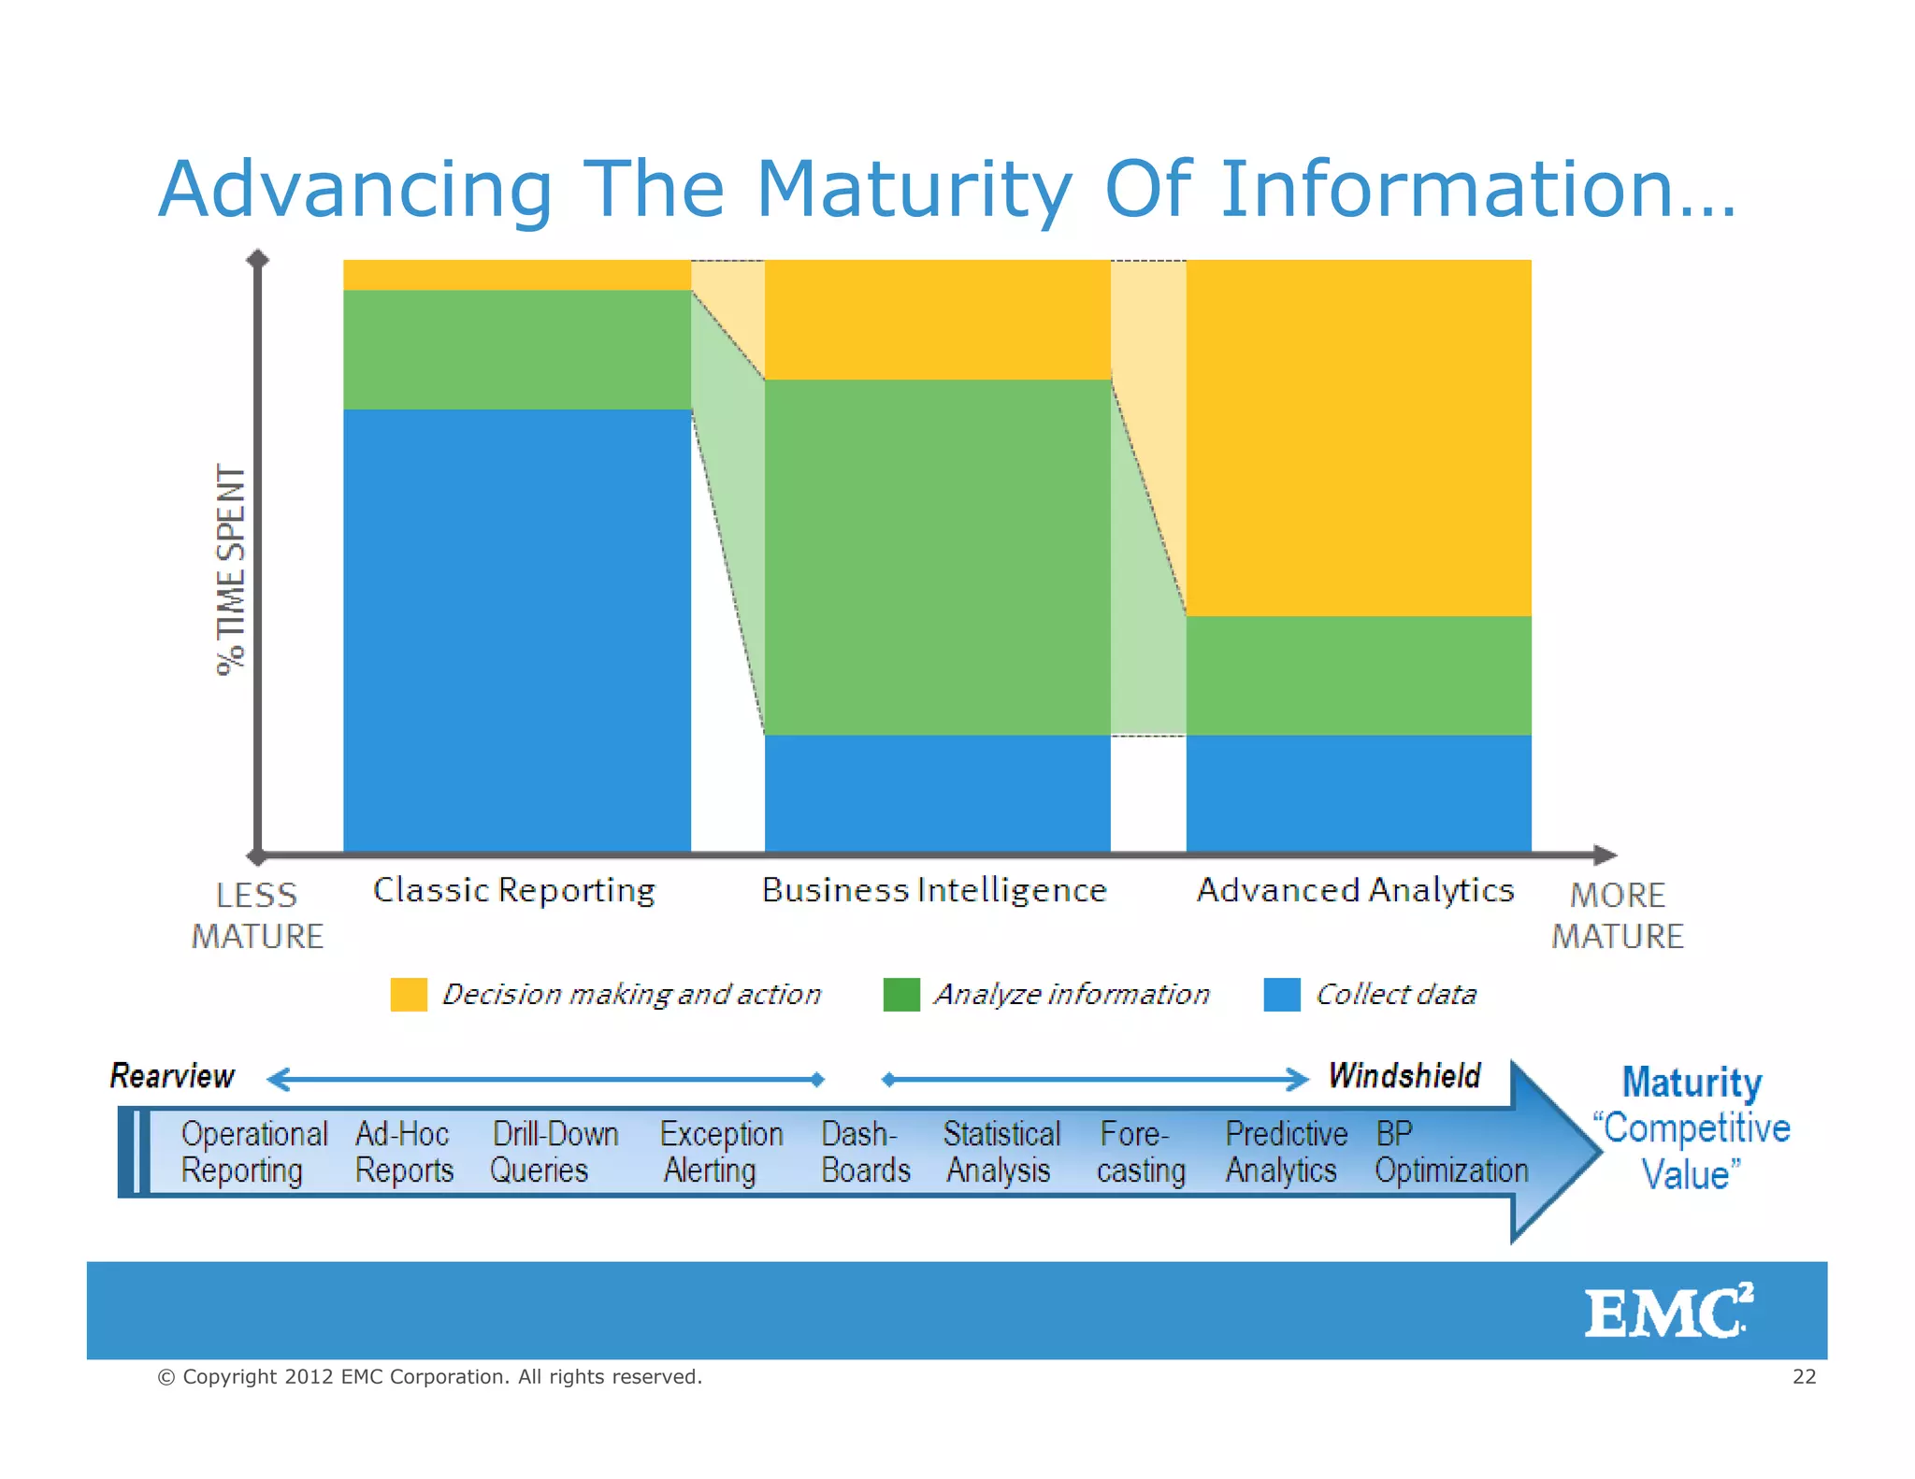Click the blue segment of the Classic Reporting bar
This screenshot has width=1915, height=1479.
click(517, 630)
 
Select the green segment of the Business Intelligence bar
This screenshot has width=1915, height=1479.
click(937, 557)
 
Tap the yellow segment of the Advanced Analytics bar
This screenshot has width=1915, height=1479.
click(1358, 438)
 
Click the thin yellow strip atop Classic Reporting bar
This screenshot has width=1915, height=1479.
click(517, 275)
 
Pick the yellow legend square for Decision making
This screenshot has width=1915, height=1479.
click(409, 995)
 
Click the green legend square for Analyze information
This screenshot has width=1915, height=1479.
click(901, 995)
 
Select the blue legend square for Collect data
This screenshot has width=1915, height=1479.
click(1281, 995)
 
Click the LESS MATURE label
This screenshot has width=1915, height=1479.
click(257, 915)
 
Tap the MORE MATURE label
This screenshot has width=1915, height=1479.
click(1618, 915)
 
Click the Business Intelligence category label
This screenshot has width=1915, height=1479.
click(934, 890)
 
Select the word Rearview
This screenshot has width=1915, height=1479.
click(172, 1076)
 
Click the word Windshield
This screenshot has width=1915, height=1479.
click(1404, 1076)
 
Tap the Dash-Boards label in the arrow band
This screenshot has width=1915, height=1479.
click(865, 1152)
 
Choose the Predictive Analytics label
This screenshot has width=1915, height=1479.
click(1285, 1152)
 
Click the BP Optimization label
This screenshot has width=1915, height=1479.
click(1450, 1152)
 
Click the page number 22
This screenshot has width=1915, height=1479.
click(1804, 1376)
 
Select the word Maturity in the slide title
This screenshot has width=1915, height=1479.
click(914, 189)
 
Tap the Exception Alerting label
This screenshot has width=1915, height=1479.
click(720, 1152)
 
